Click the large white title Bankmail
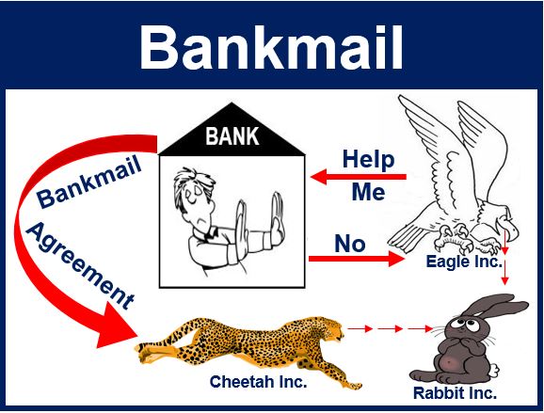tap(271, 48)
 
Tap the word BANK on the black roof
tap(232, 135)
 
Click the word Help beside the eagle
tap(368, 160)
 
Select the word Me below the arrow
tap(368, 192)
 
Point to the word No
tap(350, 244)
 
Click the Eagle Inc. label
tap(464, 262)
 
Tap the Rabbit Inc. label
tap(455, 393)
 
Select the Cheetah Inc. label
tap(259, 381)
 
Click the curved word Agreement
tap(79, 265)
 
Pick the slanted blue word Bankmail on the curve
tap(89, 183)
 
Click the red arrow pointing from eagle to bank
tap(359, 177)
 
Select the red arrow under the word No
tap(357, 259)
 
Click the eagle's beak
tap(509, 230)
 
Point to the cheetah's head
tap(330, 329)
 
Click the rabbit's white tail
tap(492, 370)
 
